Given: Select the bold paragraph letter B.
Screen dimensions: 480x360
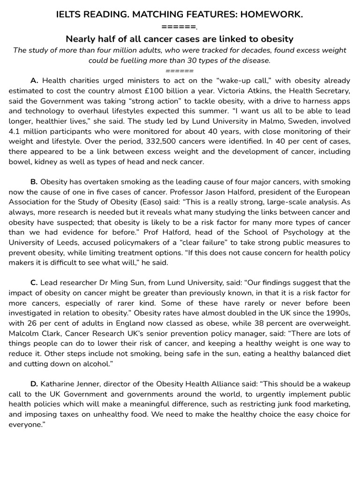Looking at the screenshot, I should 34,181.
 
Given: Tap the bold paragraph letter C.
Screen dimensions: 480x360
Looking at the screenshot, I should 34,282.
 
